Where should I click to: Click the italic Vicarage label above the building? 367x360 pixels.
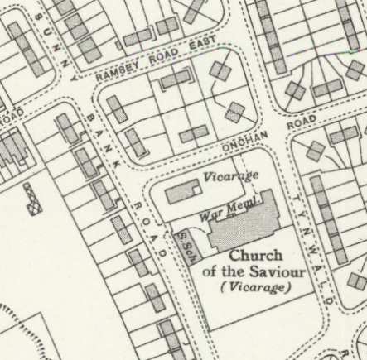pos(231,175)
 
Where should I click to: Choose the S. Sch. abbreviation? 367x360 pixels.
pos(185,242)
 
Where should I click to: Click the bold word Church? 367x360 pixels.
pos(254,255)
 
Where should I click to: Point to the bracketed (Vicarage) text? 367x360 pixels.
pos(255,287)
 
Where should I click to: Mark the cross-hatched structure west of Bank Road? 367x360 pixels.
pos(33,199)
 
